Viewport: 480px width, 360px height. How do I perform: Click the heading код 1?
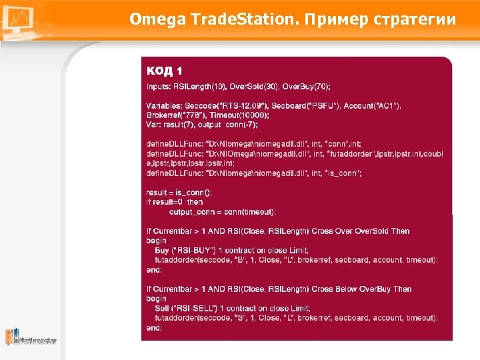[x=164, y=70]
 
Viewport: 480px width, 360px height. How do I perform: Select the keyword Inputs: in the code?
[x=159, y=87]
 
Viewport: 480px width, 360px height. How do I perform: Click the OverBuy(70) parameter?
[x=306, y=87]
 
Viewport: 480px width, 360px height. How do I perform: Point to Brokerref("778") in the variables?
[x=170, y=115]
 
